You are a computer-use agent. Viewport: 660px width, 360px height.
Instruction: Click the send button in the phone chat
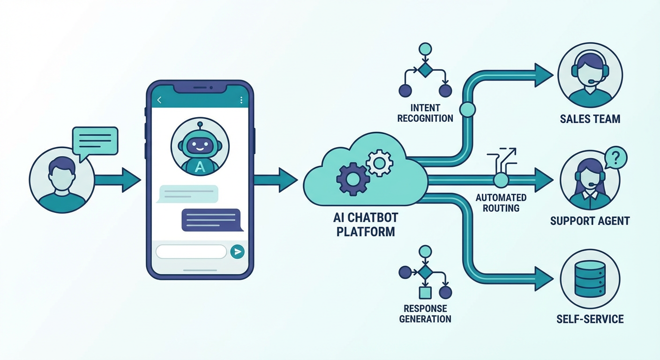(238, 252)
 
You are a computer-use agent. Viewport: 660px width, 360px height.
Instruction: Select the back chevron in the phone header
(159, 100)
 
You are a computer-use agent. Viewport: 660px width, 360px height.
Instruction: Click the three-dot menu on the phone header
(241, 100)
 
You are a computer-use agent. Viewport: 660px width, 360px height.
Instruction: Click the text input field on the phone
(191, 252)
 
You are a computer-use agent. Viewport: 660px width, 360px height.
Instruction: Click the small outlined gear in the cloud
(379, 163)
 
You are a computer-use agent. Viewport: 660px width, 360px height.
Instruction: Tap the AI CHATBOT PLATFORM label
(366, 225)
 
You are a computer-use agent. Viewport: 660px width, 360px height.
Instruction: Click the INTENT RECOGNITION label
(425, 112)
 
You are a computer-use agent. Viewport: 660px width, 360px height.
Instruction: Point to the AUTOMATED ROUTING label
(501, 202)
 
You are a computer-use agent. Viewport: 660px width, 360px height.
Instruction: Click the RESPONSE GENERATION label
(425, 314)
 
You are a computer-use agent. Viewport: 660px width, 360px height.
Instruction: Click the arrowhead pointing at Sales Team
(544, 75)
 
